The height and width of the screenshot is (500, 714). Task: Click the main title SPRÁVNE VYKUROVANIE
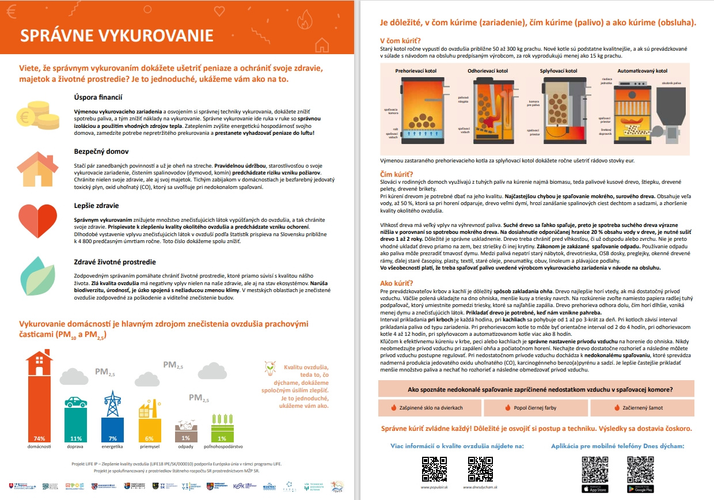click(117, 35)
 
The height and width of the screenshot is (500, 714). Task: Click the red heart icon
click(37, 218)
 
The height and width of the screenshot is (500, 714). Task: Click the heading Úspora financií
click(98, 97)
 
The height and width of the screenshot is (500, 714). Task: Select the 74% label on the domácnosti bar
click(39, 438)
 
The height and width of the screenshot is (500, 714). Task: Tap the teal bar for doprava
click(76, 423)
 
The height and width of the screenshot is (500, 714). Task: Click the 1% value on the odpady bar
click(185, 438)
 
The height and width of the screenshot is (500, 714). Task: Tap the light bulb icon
click(268, 368)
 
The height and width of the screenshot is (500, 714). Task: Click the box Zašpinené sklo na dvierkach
click(427, 408)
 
